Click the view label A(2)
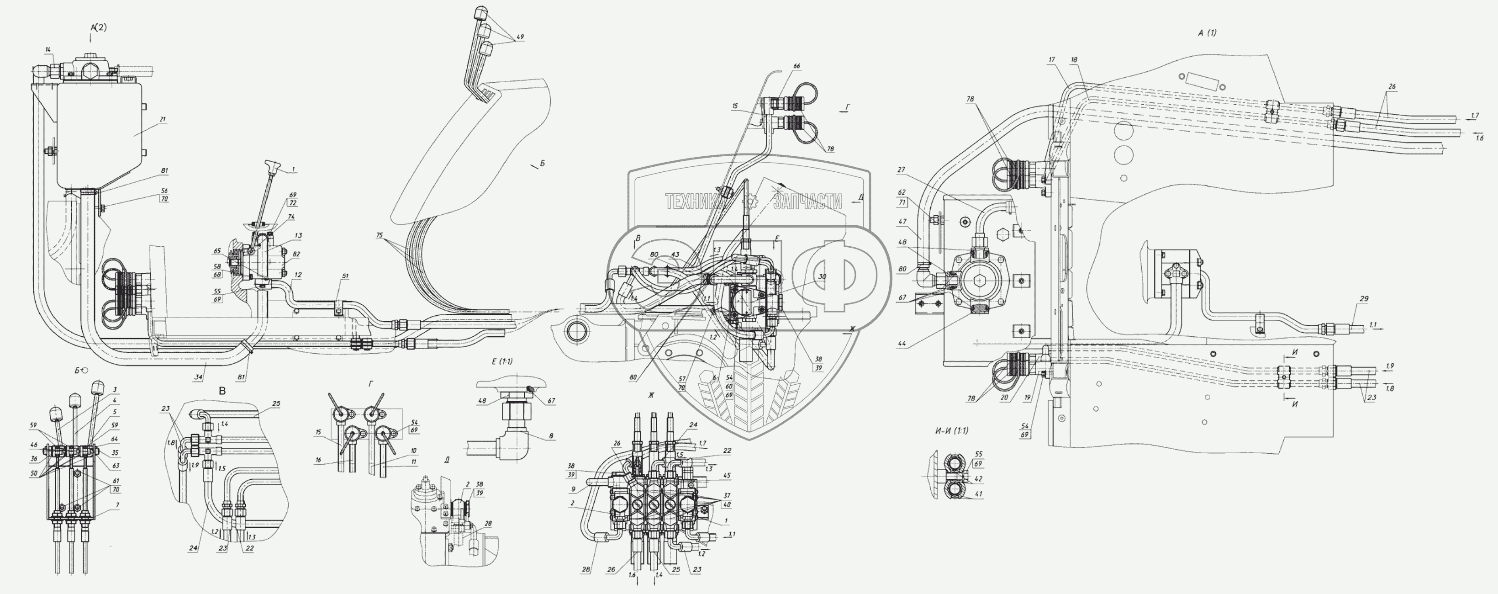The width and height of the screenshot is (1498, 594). pyautogui.click(x=98, y=27)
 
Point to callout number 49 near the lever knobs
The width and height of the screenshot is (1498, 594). pyautogui.click(x=519, y=37)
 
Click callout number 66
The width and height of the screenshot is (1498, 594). pyautogui.click(x=796, y=66)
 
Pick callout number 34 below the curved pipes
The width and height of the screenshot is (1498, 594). pyautogui.click(x=198, y=377)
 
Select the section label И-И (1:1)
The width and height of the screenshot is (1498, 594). pyautogui.click(x=951, y=431)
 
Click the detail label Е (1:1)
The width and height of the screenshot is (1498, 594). pyautogui.click(x=502, y=361)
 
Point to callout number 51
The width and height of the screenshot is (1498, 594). pyautogui.click(x=345, y=276)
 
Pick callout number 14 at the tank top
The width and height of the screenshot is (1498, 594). pyautogui.click(x=47, y=50)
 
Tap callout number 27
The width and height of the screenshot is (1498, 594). pyautogui.click(x=902, y=170)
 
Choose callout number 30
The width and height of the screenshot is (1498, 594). pyautogui.click(x=822, y=277)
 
